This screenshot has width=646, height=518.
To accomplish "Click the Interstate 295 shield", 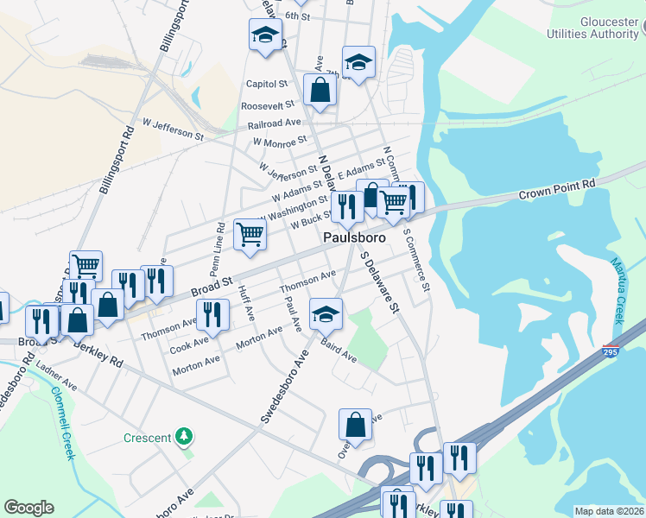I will [x=611, y=353].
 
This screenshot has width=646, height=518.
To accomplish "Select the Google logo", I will [x=28, y=508].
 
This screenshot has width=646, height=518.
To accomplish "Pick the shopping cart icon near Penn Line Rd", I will [x=250, y=233].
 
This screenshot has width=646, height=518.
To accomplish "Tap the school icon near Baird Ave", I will [x=326, y=313].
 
